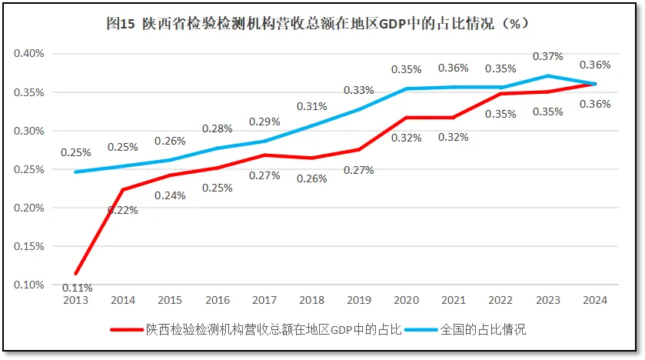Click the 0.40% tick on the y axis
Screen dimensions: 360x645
click(x=29, y=54)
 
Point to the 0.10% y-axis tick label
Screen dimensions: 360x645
click(x=29, y=285)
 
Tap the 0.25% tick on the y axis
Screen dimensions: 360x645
click(x=29, y=169)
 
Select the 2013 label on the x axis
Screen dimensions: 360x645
click(x=75, y=299)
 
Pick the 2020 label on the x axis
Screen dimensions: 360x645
click(x=406, y=299)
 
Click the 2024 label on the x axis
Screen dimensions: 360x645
click(x=595, y=299)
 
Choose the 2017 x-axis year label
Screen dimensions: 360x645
click(x=264, y=299)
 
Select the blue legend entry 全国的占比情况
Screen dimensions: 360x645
click(x=483, y=329)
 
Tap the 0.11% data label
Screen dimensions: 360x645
click(x=76, y=288)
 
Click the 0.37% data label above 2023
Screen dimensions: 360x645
click(x=547, y=56)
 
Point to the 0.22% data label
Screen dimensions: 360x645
click(x=122, y=210)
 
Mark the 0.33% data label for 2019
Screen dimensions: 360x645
click(x=359, y=90)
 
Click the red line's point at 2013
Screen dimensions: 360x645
click(x=75, y=273)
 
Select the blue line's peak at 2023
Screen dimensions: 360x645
click(x=547, y=76)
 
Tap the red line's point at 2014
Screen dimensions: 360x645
click(x=123, y=189)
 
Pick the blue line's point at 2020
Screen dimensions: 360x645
click(x=406, y=88)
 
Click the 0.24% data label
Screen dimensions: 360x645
click(x=170, y=195)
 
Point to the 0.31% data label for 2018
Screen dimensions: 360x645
click(x=311, y=106)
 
